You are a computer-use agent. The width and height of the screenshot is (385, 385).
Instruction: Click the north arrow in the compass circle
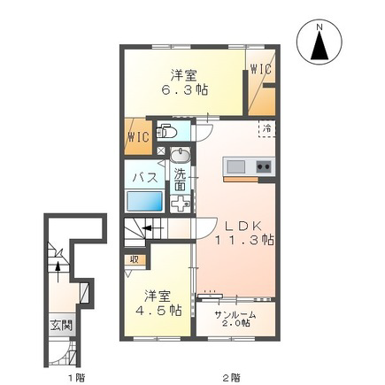pos(320,44)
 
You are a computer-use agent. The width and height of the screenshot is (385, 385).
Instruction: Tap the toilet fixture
pos(166,133)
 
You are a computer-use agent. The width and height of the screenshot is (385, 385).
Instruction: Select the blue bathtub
pos(144,201)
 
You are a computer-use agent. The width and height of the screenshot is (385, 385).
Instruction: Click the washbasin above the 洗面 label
pos(181,156)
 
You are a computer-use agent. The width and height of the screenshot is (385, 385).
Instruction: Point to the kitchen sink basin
pos(235,167)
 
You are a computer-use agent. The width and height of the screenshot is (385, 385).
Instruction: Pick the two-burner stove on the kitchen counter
pos(264,167)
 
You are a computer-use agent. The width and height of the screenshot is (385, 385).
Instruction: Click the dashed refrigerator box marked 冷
pos(267,128)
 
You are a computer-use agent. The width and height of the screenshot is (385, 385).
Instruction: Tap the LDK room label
pos(243,227)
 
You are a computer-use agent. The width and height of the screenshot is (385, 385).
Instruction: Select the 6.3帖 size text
pos(184,89)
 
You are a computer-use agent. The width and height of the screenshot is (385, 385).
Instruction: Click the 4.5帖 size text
pos(158,310)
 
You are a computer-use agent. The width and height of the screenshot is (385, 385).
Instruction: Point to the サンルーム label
pos(235,315)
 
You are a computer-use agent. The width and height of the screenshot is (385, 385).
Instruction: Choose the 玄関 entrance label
pos(61,326)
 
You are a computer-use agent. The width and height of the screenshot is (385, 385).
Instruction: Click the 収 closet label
pos(135,259)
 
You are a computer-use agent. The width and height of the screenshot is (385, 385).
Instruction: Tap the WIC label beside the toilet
pos(138,137)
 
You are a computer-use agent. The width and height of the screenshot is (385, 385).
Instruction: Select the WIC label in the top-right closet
pos(261,70)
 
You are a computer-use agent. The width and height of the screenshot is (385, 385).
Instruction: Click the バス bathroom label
pos(145,178)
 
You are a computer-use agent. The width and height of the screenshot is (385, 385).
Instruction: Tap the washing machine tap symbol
pos(181,204)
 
